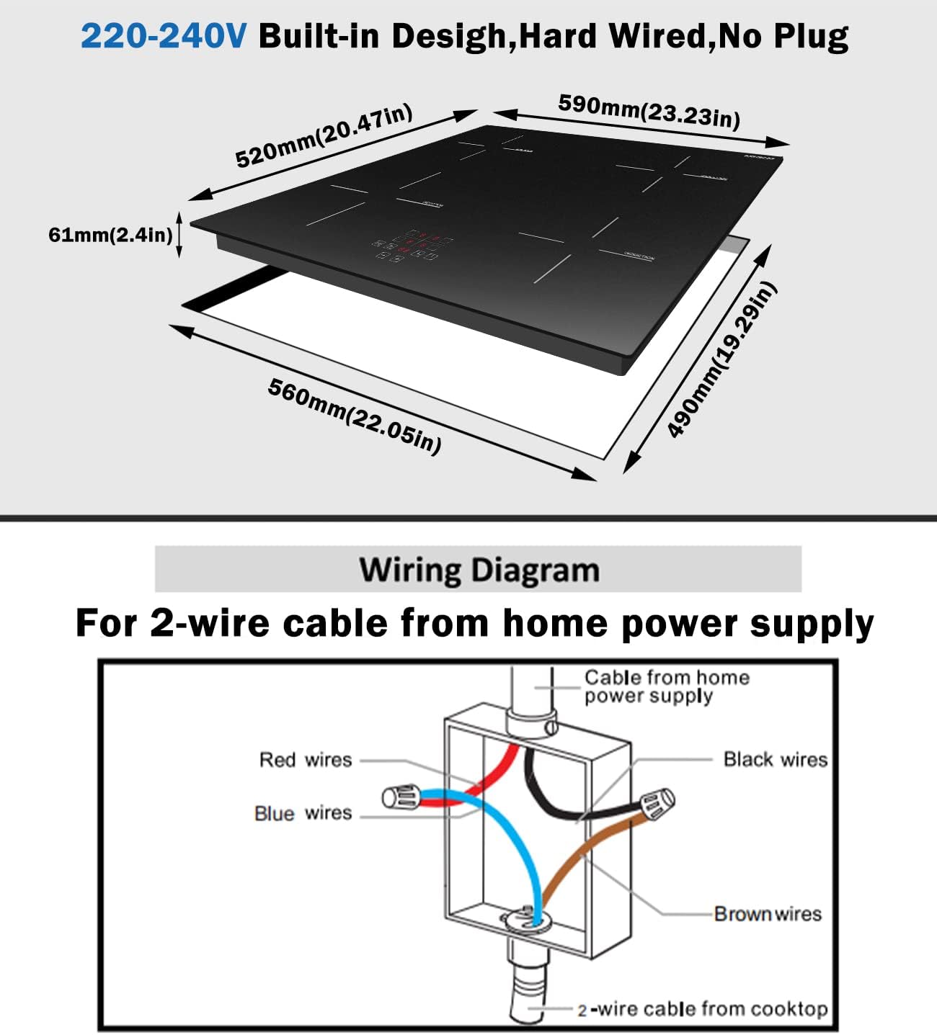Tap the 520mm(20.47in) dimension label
[x=324, y=135]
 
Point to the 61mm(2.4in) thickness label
[x=110, y=235]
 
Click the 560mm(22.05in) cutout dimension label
[x=354, y=416]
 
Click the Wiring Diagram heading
[x=479, y=570]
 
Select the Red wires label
[x=306, y=760]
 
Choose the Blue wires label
[x=303, y=813]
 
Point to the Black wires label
[x=775, y=760]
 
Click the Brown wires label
[x=767, y=914]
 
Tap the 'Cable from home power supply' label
[x=665, y=686]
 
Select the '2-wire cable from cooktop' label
[x=702, y=1009]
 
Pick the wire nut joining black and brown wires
[x=656, y=802]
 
